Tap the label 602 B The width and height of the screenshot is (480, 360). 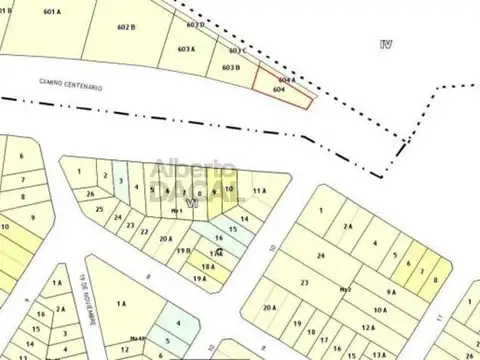pyautogui.click(x=125, y=28)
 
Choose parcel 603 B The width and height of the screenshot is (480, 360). pyautogui.click(x=231, y=67)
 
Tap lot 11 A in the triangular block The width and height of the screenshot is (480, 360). pyautogui.click(x=261, y=190)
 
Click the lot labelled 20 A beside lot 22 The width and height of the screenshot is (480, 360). pyautogui.click(x=165, y=238)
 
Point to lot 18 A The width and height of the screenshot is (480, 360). pyautogui.click(x=208, y=266)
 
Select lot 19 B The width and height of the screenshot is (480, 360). pyautogui.click(x=184, y=251)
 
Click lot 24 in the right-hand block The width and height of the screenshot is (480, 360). pyautogui.click(x=321, y=256)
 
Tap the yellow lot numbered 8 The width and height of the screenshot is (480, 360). pyautogui.click(x=435, y=280)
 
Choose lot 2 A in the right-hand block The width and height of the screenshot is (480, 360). pyautogui.click(x=348, y=227)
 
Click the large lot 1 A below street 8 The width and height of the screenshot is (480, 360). pyautogui.click(x=121, y=303)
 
